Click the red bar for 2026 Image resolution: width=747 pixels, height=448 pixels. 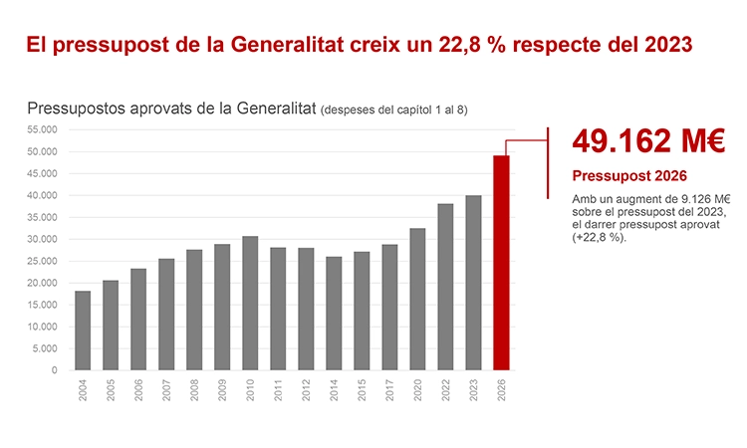(502, 263)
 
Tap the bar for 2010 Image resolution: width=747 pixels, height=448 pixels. (250, 303)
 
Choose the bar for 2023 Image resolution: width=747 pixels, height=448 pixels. (474, 283)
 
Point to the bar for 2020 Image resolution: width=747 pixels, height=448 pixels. (417, 299)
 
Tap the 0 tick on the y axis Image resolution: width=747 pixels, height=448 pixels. (54, 370)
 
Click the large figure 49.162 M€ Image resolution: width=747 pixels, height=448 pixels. (648, 141)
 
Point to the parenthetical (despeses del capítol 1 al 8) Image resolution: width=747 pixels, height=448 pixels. (394, 110)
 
